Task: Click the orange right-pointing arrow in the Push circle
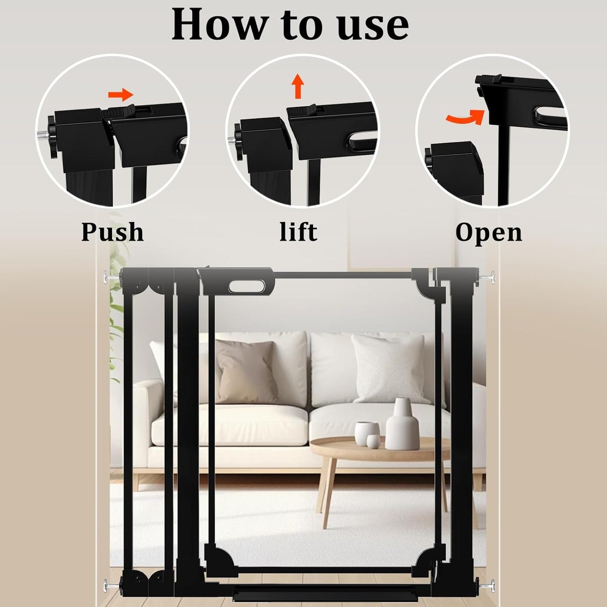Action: click(121, 95)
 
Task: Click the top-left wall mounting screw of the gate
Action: click(110, 277)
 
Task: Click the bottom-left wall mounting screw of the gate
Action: click(110, 583)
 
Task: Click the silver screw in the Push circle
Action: click(43, 135)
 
